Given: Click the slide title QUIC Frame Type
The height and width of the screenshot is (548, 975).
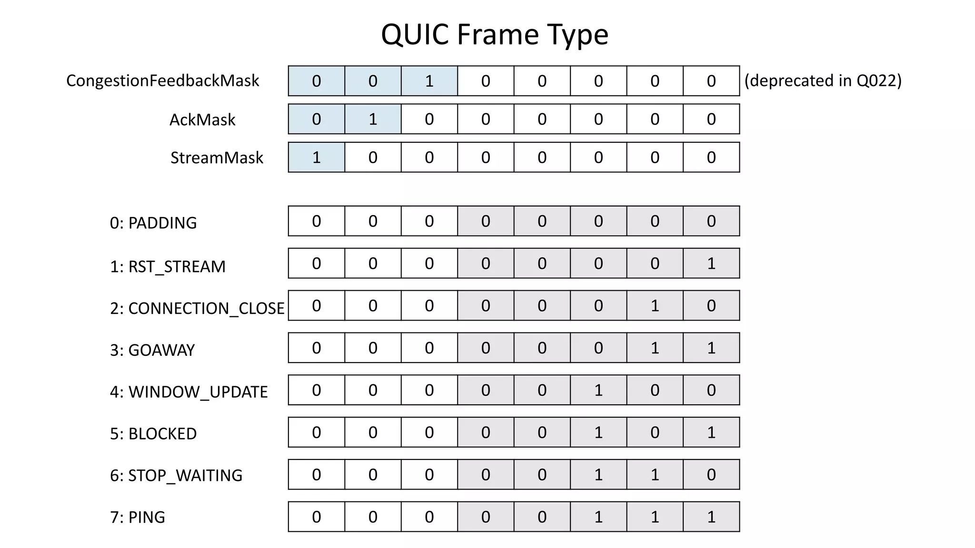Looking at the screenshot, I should pos(495,34).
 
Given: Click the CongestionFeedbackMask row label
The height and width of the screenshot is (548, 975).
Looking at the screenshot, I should pos(162,81).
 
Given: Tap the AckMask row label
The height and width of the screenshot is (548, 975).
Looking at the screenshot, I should pos(202,119).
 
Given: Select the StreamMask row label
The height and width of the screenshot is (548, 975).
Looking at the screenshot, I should pos(217,157).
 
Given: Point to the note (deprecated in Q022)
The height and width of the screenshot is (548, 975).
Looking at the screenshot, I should pos(823,81).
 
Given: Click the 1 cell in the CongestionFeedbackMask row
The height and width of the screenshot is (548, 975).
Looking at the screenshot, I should pos(429,81).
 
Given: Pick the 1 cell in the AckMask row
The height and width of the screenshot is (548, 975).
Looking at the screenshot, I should pos(373,119).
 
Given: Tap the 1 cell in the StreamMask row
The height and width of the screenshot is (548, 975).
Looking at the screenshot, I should pos(316,157).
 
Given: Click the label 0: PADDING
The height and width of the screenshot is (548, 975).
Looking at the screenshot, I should pos(153,223).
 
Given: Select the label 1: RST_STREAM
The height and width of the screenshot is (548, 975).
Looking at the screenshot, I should pos(168,266).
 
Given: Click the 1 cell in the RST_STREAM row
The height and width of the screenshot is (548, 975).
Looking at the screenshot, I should pos(711,263).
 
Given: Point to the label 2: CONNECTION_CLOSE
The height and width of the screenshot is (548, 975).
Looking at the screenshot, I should pos(197,308).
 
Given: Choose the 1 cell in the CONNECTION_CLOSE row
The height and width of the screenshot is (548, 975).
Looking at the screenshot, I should pos(655,305).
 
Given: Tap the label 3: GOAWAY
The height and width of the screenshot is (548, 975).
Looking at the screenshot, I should pos(152,350).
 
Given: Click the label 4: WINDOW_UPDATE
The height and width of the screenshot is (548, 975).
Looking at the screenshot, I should pos(189,392).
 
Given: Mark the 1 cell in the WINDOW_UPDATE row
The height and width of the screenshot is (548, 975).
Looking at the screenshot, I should pos(598,390).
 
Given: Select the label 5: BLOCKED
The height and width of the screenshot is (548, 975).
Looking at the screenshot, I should pos(153,434).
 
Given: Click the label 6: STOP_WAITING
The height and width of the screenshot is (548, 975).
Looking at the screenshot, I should pos(176,475).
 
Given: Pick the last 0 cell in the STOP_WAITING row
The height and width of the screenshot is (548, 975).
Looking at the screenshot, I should pos(711,474).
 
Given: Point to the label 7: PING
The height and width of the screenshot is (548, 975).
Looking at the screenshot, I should pos(138,517).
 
